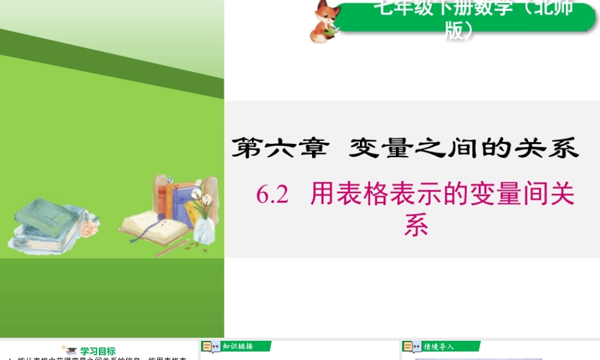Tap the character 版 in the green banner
(x=455, y=30)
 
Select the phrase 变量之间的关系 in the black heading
(x=463, y=148)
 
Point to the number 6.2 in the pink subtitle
(x=273, y=195)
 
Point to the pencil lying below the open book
(x=172, y=248)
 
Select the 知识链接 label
(x=238, y=346)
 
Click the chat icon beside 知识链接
(x=211, y=347)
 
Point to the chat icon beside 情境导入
(x=412, y=347)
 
